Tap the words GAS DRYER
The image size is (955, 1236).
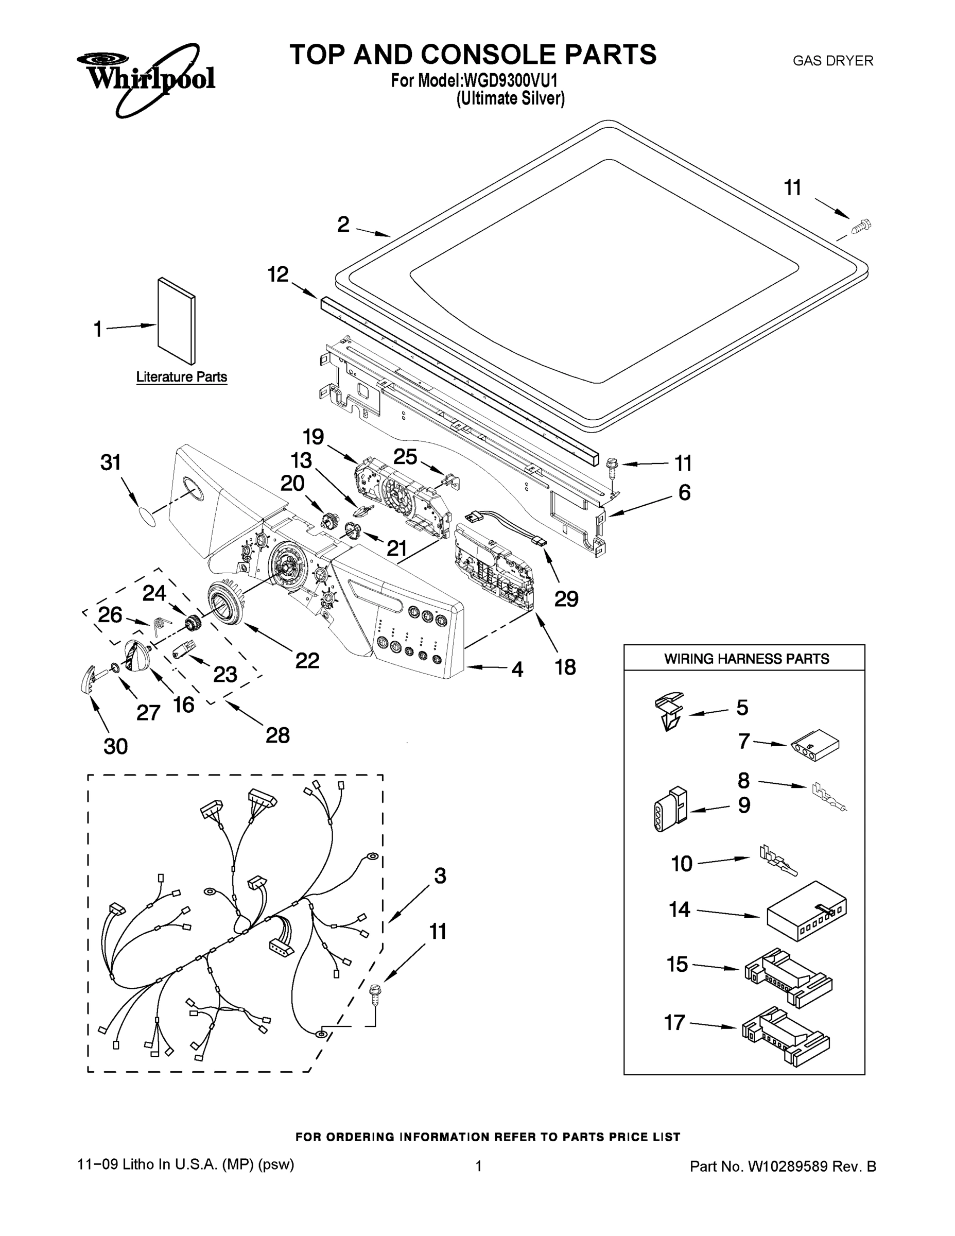[832, 61]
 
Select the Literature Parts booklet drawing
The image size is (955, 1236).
[176, 321]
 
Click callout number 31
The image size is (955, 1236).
[111, 462]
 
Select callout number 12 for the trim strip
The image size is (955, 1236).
[278, 274]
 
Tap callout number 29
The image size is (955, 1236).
[566, 599]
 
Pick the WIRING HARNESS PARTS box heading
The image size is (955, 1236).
[745, 659]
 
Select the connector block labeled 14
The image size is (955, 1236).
[806, 911]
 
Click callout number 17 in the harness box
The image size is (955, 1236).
[674, 1023]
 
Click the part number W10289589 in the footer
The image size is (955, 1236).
[788, 1166]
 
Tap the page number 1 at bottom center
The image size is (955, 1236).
[478, 1166]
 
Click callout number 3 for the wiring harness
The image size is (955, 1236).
[440, 876]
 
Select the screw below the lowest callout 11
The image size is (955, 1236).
[374, 994]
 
